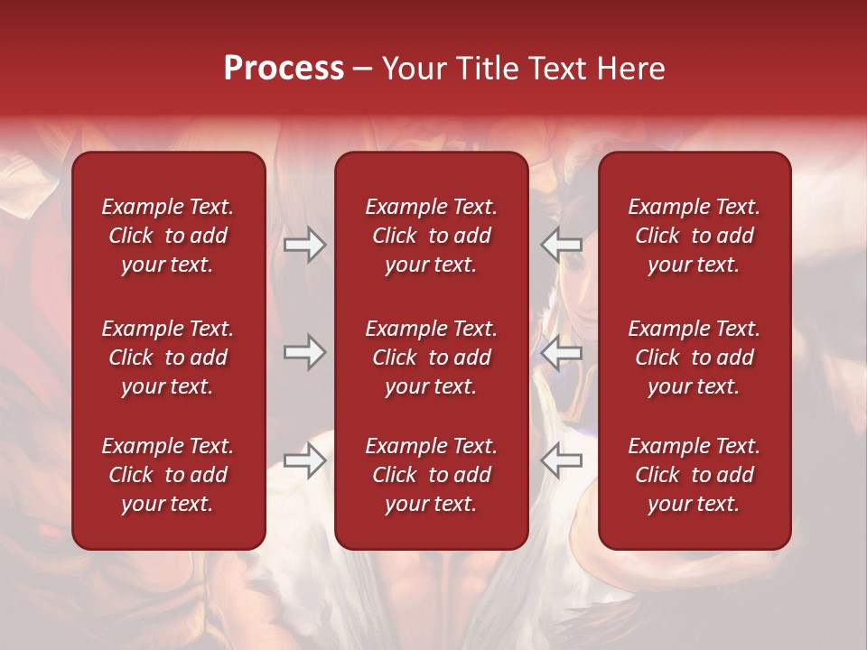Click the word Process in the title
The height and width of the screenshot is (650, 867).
(284, 69)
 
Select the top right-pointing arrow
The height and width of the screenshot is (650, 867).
(305, 244)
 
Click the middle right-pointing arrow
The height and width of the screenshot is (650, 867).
(305, 352)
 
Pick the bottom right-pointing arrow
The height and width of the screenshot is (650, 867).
(305, 460)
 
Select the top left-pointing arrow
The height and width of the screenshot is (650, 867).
(561, 244)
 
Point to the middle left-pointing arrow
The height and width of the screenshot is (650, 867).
(561, 352)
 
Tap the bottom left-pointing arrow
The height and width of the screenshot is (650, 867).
(561, 460)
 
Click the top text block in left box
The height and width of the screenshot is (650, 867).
(168, 236)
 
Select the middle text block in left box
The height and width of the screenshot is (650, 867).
(168, 357)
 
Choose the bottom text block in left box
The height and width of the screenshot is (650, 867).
(168, 475)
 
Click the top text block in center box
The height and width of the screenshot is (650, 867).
(431, 236)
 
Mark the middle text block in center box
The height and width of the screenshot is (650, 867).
(431, 357)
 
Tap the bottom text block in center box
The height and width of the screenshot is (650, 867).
(431, 475)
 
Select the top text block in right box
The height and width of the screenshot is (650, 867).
(694, 236)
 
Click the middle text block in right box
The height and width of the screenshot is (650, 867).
(694, 357)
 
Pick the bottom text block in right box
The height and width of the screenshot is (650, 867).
(694, 475)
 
